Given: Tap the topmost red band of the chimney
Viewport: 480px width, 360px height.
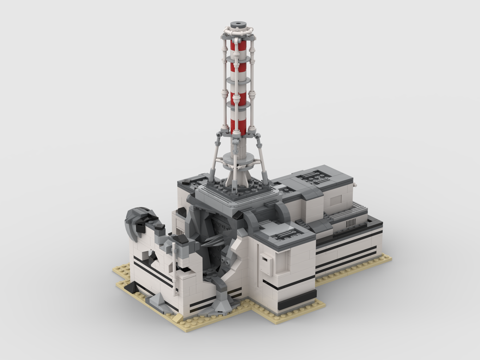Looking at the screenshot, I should [x=238, y=46].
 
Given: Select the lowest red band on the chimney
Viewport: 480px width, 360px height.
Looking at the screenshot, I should [x=238, y=127].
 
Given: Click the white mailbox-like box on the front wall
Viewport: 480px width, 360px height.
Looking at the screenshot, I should [x=267, y=264].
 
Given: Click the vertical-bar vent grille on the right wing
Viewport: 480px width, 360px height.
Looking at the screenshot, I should [x=351, y=222].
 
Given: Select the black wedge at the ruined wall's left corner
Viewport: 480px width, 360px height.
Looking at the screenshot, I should [x=131, y=287].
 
